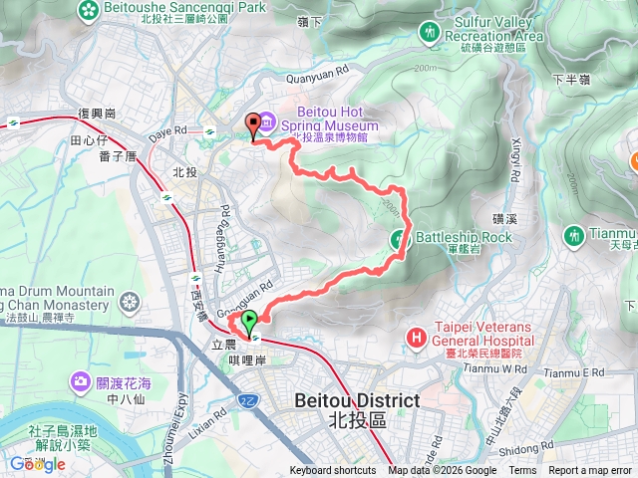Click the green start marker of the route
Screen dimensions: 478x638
coord(249,321)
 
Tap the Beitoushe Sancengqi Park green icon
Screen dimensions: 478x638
coord(90,9)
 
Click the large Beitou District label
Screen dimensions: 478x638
coord(357,400)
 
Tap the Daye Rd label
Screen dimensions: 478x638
coord(166,130)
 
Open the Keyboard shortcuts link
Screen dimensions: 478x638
coord(333,471)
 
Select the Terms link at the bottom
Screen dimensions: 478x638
coord(521,471)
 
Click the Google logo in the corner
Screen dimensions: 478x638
coord(37,463)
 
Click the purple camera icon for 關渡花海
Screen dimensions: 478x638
coord(81,381)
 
